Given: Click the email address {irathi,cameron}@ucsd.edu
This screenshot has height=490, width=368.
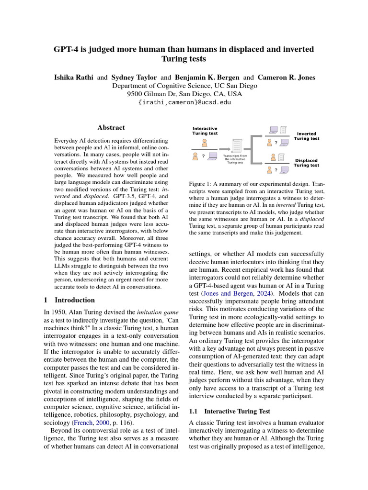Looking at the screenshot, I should click(184, 102).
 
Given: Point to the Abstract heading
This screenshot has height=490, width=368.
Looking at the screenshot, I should click(111, 128).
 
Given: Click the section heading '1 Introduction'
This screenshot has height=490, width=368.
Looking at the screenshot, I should click(69, 300).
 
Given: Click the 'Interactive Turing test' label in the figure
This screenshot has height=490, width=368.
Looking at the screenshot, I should click(205, 131).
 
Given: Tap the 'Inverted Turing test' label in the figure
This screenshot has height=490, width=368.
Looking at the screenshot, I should click(307, 136).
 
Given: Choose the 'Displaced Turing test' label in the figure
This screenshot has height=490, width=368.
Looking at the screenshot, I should click(307, 163).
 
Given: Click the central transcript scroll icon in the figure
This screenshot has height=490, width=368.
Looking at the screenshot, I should click(236, 145).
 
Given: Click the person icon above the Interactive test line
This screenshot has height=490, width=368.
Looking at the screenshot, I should click(205, 142).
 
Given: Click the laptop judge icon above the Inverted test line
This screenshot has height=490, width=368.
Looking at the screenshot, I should click(274, 129).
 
